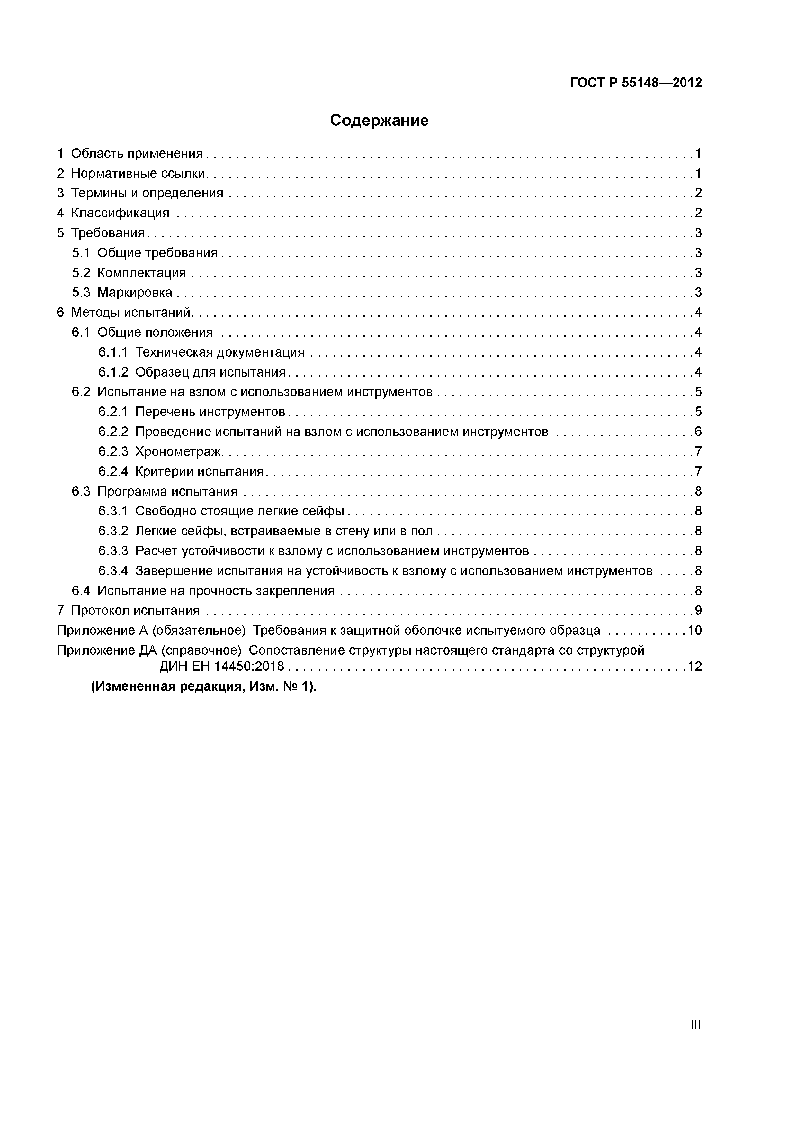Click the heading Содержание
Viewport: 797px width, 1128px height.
379,120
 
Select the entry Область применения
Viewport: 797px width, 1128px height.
137,154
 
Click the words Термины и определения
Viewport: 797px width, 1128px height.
147,193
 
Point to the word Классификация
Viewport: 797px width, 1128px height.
120,213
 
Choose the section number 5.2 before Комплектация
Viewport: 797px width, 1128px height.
81,273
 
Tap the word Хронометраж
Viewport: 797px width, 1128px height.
179,451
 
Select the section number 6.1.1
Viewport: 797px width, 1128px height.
113,352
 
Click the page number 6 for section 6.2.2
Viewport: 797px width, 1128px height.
698,432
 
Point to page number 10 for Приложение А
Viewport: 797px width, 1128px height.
694,630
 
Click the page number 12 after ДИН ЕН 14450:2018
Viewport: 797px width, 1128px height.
694,667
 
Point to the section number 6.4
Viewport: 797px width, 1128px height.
81,591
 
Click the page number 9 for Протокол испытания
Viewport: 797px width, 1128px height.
698,611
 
